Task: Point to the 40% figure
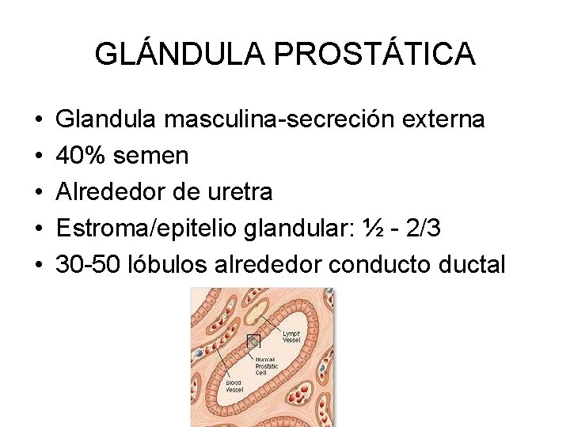pos(82,156)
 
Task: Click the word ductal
pos(473,265)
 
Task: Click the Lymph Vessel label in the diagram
pos(291,338)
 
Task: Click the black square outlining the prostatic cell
pos(253,342)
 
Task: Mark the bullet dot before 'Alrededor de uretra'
pos(38,192)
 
